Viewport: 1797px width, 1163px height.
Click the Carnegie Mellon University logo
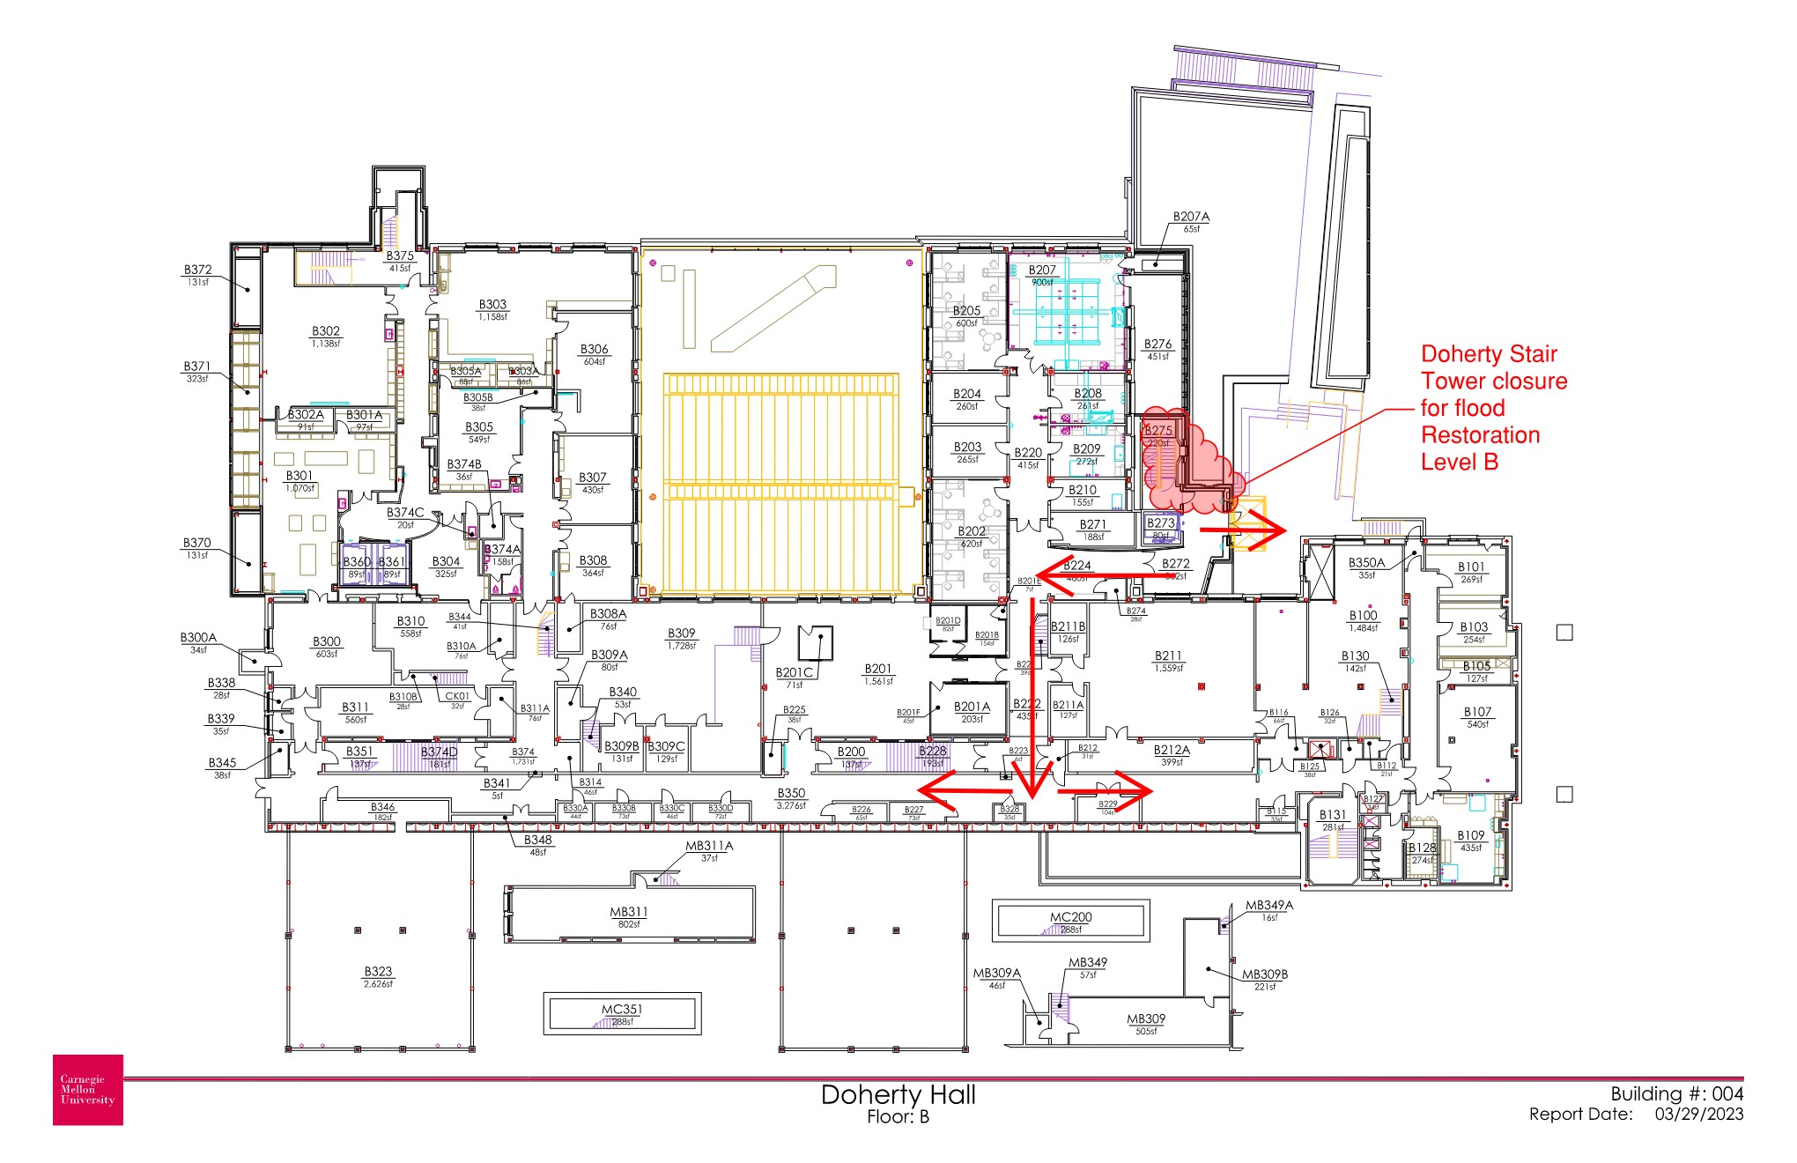[x=88, y=1090]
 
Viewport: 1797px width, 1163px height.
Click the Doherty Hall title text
[x=898, y=1095]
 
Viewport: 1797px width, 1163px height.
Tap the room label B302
[x=325, y=332]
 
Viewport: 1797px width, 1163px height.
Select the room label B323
[x=378, y=972]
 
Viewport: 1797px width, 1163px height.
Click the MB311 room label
[x=629, y=912]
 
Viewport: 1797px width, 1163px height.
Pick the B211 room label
[x=1168, y=656]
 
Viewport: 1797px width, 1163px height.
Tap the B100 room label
[x=1363, y=616]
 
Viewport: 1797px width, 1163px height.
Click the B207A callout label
[x=1191, y=217]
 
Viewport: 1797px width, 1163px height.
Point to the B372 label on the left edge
[x=197, y=270]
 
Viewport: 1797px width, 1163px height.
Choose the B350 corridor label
[x=791, y=794]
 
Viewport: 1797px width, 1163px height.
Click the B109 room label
[x=1470, y=835]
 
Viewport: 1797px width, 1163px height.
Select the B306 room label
[x=595, y=350]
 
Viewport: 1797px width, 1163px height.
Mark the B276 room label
[x=1157, y=344]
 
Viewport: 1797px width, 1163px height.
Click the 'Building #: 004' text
[x=1676, y=1094]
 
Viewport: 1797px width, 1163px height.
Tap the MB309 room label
[x=1146, y=1019]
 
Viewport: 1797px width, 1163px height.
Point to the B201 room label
[x=878, y=670]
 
